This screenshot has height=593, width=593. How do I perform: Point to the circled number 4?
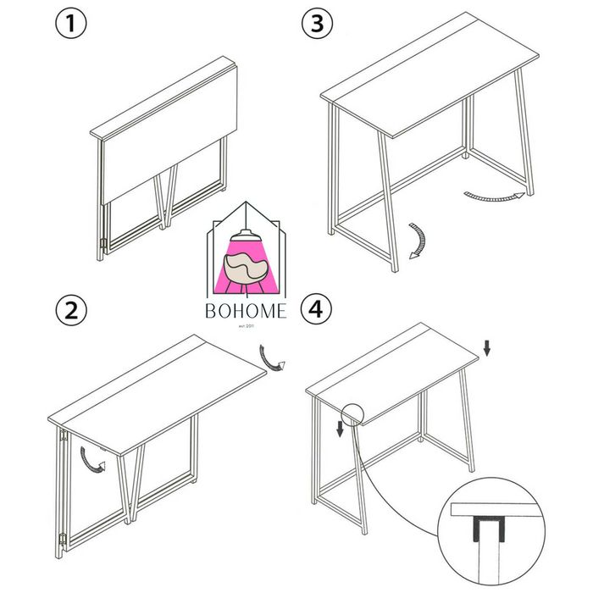tap(317, 310)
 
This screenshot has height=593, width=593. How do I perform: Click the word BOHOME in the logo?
tap(247, 312)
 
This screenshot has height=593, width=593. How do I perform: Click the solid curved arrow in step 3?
tap(415, 241)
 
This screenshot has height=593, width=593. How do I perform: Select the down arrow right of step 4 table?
tap(485, 347)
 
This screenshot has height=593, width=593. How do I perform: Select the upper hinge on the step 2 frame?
tap(62, 438)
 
